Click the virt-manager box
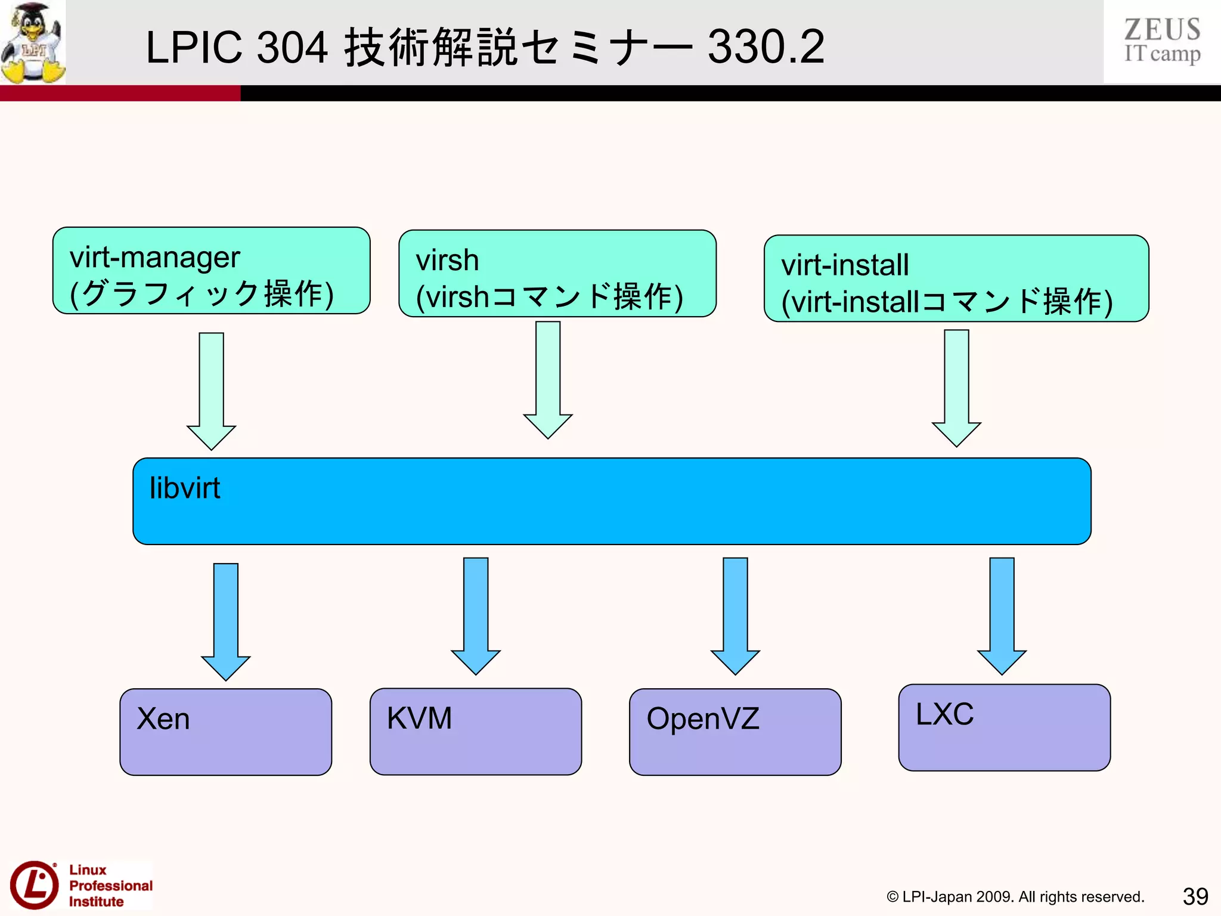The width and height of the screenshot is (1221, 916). coord(211,271)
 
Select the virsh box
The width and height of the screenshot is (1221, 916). coord(557,274)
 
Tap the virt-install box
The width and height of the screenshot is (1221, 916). coord(956,278)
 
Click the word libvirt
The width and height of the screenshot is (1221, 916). coord(184,488)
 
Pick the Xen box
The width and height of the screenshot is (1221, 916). coord(225,732)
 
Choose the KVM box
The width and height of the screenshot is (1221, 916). coord(475,731)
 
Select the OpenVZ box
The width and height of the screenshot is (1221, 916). coord(735,732)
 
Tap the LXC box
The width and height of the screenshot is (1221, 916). coord(1004,728)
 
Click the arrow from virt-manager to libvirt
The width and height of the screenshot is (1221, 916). coord(211,391)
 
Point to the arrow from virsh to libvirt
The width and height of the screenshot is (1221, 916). coord(547,379)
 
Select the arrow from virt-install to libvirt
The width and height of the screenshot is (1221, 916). coord(956,388)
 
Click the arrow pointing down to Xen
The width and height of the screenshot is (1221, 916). coord(225,621)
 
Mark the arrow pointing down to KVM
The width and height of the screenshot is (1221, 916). coord(475,615)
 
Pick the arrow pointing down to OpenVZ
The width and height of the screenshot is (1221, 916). coord(735,615)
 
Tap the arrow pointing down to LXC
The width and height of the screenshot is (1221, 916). coord(1001,615)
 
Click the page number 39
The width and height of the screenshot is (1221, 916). coord(1195,896)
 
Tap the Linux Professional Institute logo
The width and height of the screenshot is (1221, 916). coord(80,885)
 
